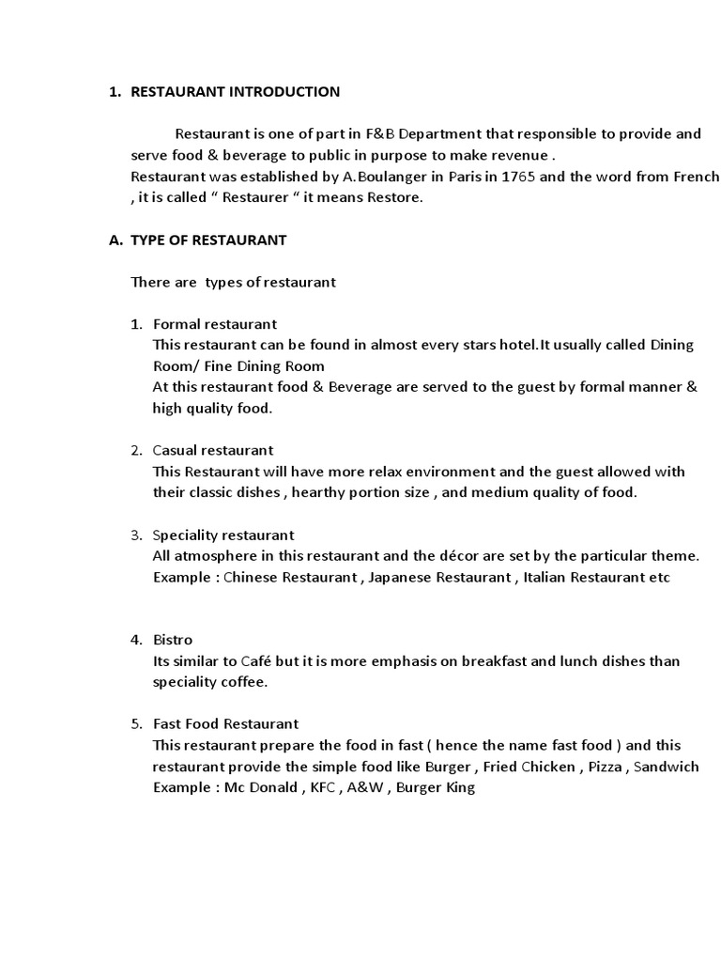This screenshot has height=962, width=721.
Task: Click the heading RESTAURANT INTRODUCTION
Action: (235, 92)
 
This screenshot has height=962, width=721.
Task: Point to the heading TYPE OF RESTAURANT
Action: (208, 240)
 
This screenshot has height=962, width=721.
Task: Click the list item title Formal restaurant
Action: (215, 324)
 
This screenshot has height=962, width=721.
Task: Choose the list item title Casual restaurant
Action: (213, 451)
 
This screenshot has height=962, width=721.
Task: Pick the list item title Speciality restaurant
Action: (223, 535)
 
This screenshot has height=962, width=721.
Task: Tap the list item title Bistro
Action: (173, 640)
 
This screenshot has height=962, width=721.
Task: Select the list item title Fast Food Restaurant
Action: (225, 724)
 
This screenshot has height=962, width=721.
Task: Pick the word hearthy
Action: (331, 492)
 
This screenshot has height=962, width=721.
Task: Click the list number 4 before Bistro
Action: (135, 640)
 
